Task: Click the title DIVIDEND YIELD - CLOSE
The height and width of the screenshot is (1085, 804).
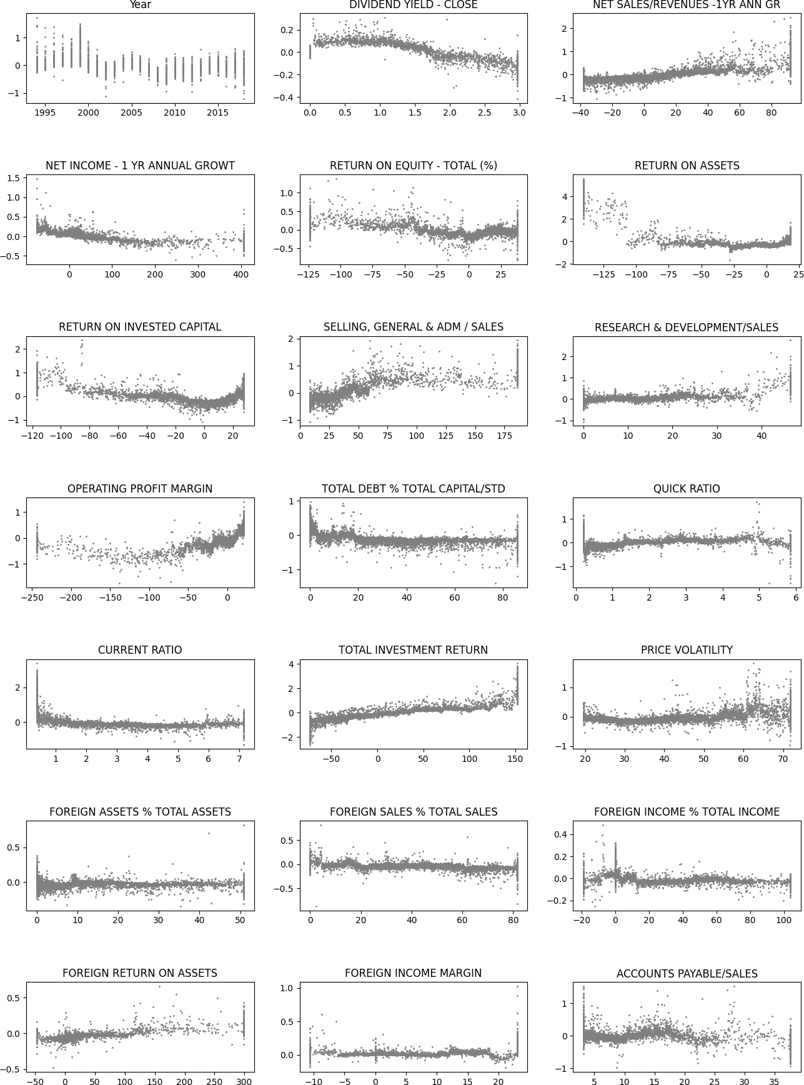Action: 413,5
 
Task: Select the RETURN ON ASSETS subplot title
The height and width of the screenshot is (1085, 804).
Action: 687,166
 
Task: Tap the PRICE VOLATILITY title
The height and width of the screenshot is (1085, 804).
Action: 687,650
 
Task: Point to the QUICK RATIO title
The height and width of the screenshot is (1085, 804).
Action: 687,489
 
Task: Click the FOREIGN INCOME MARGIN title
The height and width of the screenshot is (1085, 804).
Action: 413,973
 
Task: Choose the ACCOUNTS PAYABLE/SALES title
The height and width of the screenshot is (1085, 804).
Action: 687,974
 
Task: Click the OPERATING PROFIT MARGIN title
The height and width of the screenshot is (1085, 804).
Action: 140,489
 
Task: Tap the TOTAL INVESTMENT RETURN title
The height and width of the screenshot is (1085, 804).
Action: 413,650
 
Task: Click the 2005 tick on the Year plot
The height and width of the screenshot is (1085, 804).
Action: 131,113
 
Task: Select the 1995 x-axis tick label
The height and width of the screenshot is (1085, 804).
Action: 44,113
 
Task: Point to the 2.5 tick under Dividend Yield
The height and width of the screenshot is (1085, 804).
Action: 484,113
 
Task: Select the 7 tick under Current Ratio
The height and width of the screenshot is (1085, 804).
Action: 239,759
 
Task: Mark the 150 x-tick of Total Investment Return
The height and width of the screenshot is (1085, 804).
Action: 515,759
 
